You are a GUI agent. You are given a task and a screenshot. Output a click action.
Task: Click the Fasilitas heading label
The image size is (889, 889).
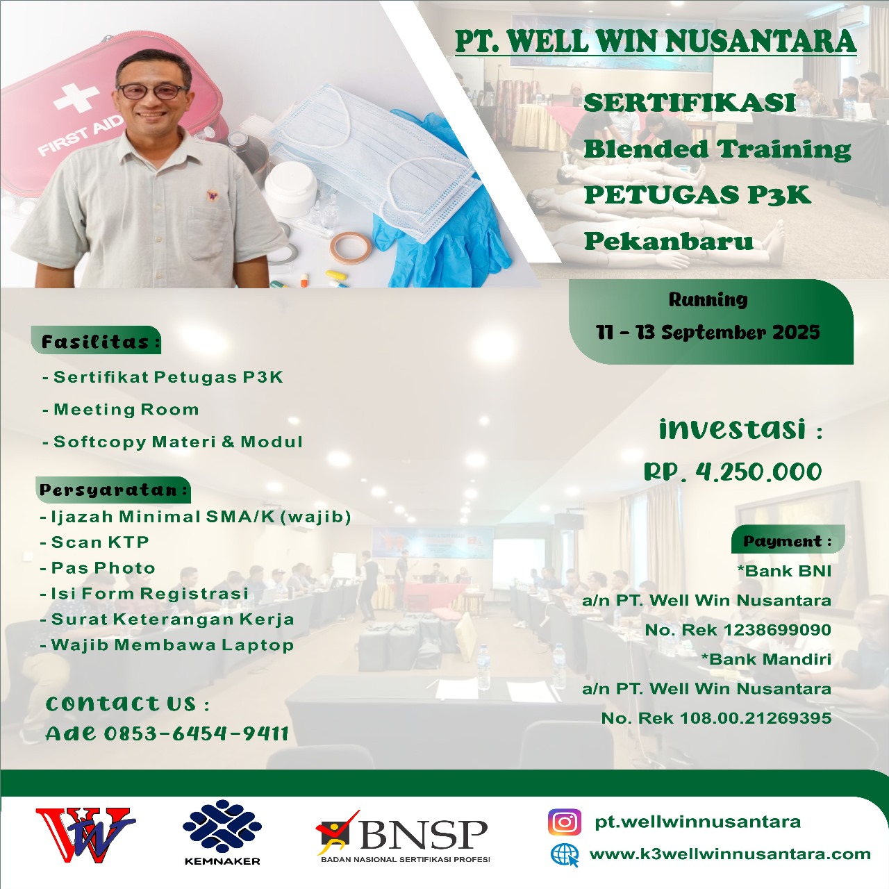tap(96, 341)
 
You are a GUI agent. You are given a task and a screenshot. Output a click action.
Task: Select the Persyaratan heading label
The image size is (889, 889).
tap(113, 490)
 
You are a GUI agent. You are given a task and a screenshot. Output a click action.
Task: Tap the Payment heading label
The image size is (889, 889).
tap(788, 540)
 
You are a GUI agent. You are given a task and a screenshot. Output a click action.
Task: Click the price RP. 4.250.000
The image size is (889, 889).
tap(733, 472)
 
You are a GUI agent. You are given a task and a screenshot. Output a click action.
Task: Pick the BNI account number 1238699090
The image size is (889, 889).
tap(777, 629)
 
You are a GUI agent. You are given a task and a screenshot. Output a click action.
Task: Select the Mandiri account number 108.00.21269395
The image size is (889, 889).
tap(756, 717)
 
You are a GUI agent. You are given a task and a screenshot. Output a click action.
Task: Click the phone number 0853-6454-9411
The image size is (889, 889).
tap(197, 733)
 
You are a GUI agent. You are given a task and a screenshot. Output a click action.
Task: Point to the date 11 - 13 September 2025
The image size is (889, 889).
tap(708, 332)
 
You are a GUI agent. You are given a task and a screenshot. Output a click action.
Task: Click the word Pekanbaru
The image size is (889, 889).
tap(668, 241)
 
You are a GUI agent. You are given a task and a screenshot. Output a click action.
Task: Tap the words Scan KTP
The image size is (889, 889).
tap(100, 542)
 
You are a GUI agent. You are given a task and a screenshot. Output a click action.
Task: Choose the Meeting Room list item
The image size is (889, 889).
tap(126, 409)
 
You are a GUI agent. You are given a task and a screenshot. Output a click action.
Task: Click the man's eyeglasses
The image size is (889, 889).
tap(153, 91)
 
